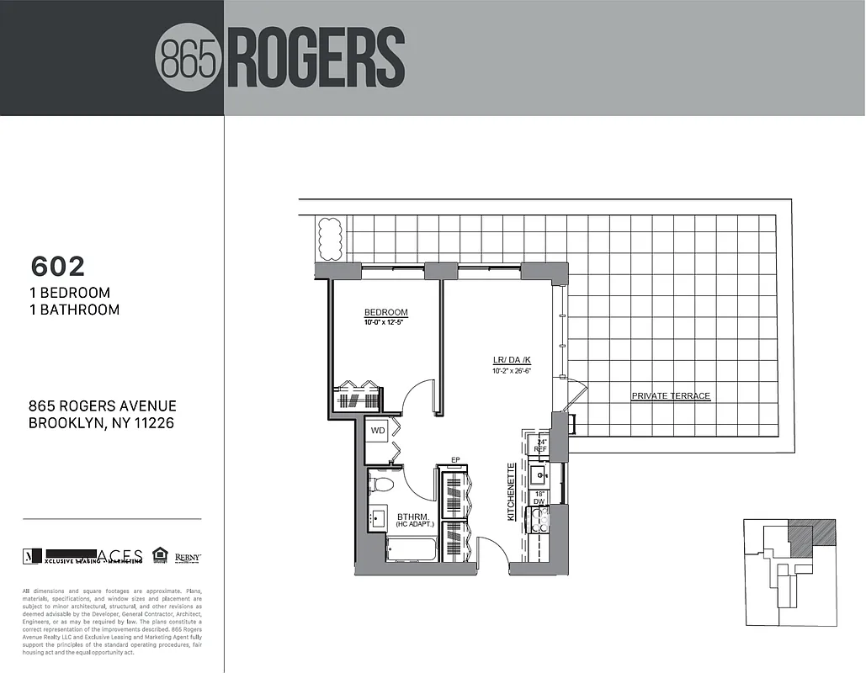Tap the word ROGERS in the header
pos(316,58)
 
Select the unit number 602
pos(58,266)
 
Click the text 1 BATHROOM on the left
pos(74,310)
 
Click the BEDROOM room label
pos(386,313)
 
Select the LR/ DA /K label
pos(512,360)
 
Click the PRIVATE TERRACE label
pos(671,396)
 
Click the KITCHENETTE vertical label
pos(511,492)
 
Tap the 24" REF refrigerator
pos(539,446)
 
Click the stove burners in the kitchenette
pos(539,521)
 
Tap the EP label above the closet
pos(454,460)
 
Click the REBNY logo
pos(188,556)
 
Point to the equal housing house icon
pos(160,554)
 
